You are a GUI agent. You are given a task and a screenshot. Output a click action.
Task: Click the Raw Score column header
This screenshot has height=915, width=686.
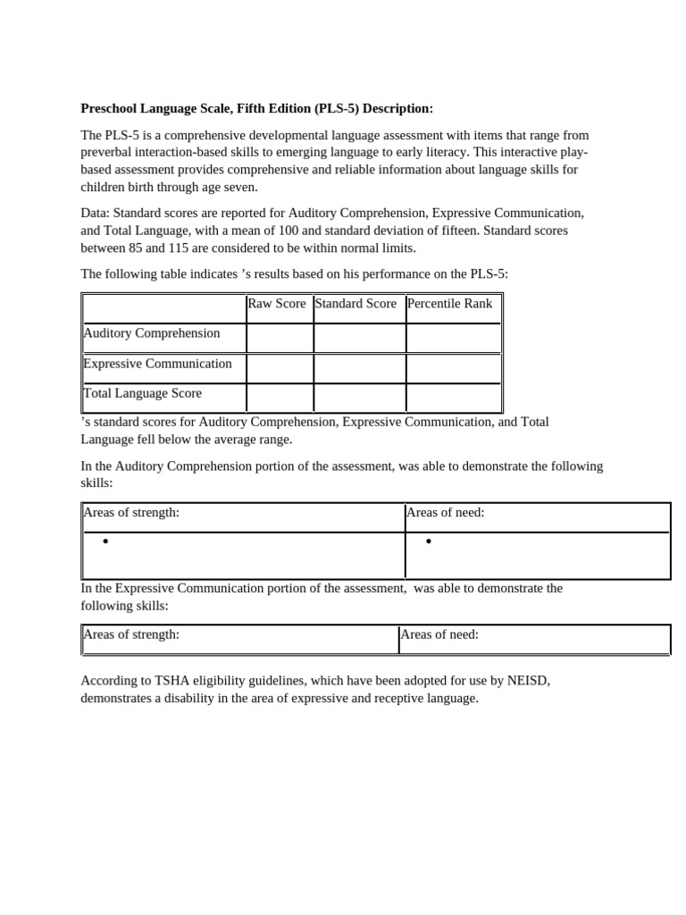tap(276, 304)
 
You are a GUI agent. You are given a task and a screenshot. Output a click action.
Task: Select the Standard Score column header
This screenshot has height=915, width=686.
tap(356, 304)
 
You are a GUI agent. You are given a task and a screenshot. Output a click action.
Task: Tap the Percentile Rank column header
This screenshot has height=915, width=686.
tap(449, 304)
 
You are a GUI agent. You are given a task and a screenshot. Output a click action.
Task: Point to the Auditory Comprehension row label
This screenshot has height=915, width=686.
tap(151, 333)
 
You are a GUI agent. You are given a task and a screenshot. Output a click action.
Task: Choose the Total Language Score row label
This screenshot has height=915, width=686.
tap(142, 393)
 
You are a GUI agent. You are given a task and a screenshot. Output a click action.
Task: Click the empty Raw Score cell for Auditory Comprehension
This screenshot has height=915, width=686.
tap(280, 338)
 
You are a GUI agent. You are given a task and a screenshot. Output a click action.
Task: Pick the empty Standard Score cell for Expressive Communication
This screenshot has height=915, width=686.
tap(359, 368)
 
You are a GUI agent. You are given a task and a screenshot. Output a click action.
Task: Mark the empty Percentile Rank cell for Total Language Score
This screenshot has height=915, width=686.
tap(453, 398)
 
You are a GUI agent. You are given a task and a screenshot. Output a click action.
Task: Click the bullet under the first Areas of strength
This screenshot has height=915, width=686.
tap(105, 541)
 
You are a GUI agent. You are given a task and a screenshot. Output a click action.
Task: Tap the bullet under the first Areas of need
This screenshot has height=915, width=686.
tap(429, 541)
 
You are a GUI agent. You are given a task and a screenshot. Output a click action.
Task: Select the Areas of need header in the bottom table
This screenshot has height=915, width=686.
tap(439, 634)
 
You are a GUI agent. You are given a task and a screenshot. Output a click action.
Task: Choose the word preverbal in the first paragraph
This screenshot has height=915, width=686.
tap(107, 152)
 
